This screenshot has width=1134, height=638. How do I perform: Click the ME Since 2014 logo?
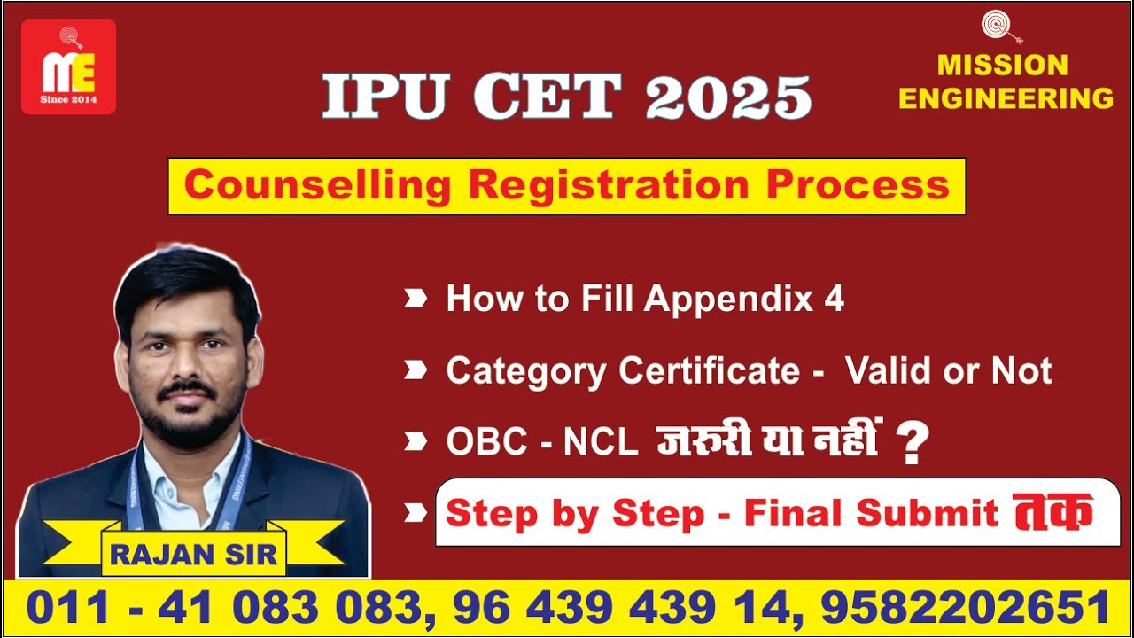coord(68,67)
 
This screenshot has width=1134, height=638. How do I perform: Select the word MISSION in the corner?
coord(1003,66)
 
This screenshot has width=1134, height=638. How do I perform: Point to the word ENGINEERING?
coord(1006,97)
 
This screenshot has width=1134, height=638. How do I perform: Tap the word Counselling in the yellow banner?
coord(317,185)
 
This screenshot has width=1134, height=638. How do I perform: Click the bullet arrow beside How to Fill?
coord(416,299)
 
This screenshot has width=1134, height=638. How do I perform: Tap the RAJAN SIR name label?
coord(194,555)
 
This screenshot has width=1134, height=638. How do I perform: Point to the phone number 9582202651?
coord(966,608)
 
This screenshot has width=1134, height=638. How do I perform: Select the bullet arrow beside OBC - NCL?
coord(416,440)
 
